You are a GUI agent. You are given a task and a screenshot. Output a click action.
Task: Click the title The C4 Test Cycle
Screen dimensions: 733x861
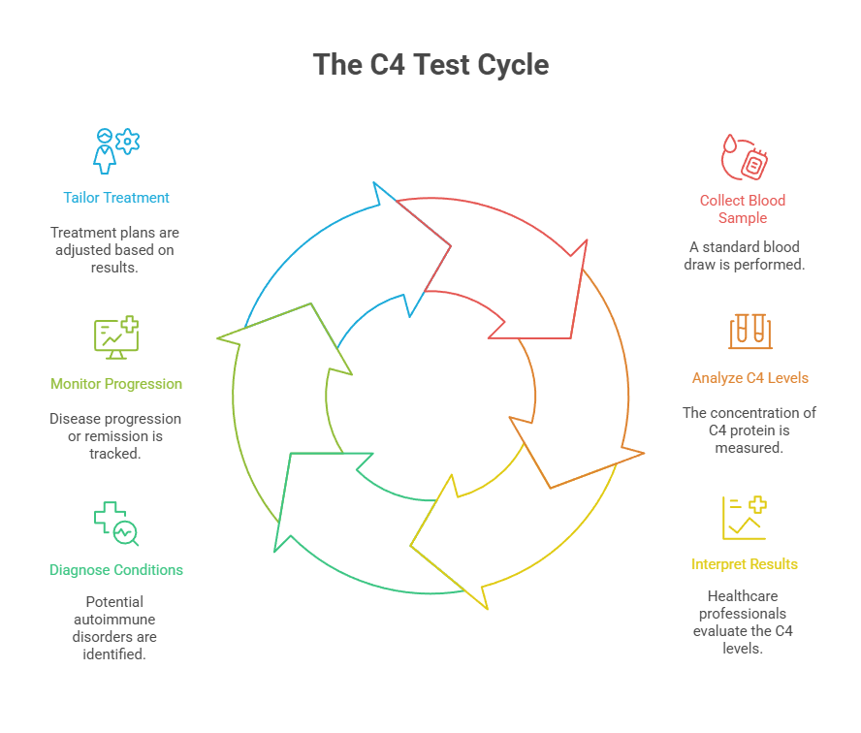430,65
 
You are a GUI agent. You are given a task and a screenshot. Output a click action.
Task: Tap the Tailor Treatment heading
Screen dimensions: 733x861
116,198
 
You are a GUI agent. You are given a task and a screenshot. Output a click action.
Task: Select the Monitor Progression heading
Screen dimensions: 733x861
116,384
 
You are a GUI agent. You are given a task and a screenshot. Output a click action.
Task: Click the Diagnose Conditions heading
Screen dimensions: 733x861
116,570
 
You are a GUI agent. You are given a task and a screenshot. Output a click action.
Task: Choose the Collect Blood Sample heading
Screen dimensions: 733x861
743,209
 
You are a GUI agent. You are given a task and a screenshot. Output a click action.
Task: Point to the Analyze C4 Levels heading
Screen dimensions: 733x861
749,378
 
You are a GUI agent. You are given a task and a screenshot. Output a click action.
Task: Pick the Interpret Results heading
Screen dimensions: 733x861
745,564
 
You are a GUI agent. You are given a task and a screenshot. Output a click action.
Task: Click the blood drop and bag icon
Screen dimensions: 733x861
744,157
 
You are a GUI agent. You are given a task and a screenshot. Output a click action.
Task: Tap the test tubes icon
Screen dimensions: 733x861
750,331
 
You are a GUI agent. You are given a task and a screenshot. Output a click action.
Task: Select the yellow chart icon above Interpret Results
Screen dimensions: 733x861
745,518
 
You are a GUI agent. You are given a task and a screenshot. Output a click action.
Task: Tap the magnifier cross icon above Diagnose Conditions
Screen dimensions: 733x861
116,524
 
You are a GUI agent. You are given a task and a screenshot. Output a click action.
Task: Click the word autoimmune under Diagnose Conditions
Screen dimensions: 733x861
114,619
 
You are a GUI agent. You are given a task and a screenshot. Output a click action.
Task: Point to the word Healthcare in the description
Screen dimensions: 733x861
743,596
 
